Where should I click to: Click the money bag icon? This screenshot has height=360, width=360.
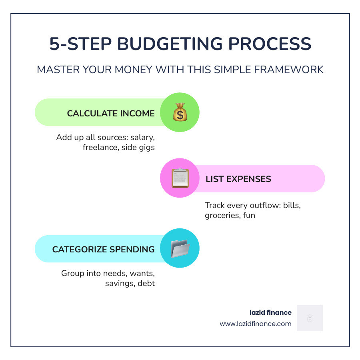point(180,112)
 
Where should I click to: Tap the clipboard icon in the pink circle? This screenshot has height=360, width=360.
point(180,178)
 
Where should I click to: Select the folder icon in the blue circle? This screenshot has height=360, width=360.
point(180,248)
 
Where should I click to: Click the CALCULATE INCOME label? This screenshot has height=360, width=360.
point(111,113)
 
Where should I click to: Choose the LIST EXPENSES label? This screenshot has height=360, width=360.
point(238,179)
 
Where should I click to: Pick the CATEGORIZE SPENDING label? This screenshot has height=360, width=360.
point(103,249)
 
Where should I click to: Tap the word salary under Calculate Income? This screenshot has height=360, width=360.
point(142,137)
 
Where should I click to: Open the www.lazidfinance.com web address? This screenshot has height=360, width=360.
point(256,324)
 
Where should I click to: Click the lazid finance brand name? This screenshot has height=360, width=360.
point(270,312)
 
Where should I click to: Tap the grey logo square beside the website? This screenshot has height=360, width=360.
point(310,318)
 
